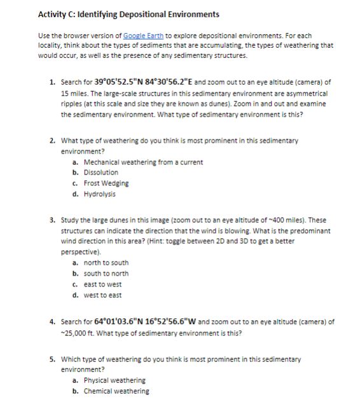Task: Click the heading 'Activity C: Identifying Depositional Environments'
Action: pyautogui.click(x=128, y=14)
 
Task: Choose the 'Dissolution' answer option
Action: pyautogui.click(x=100, y=173)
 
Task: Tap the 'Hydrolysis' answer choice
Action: pyautogui.click(x=99, y=194)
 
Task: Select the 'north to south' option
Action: pyautogui.click(x=106, y=263)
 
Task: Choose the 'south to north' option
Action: pyautogui.click(x=106, y=274)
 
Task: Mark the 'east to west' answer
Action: pyautogui.click(x=102, y=285)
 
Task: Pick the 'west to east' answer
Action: pyautogui.click(x=102, y=295)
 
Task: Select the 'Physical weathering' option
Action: pyautogui.click(x=114, y=381)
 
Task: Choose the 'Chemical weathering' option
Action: pyautogui.click(x=116, y=392)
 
